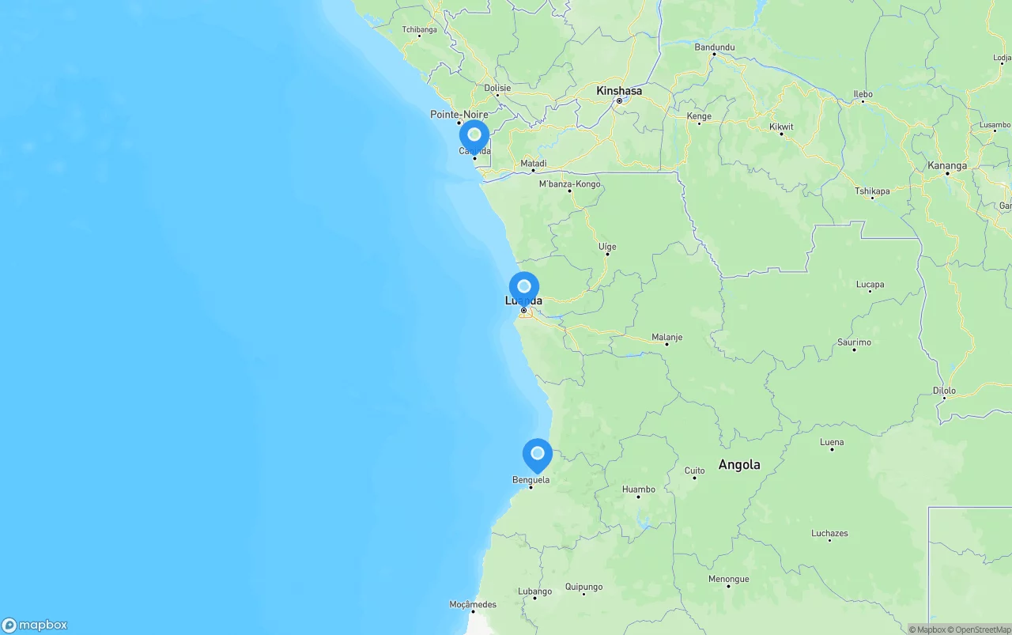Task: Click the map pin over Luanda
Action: [524, 287]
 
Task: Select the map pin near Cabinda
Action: [474, 135]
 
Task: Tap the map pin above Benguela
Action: [538, 454]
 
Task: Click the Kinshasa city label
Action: [619, 91]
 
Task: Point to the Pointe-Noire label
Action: [459, 115]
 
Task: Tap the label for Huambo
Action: [639, 489]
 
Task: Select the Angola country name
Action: [739, 465]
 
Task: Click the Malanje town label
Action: [666, 338]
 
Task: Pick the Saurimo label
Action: [854, 342]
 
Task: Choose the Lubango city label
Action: [534, 592]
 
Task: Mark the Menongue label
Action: [728, 580]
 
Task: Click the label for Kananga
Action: [947, 166]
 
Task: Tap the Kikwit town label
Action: [781, 127]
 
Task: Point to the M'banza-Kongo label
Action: [569, 184]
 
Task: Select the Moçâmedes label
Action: [473, 605]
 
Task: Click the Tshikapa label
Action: [872, 191]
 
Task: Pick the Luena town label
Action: [832, 443]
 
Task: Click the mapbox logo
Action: [35, 625]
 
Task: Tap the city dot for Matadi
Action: [533, 170]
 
